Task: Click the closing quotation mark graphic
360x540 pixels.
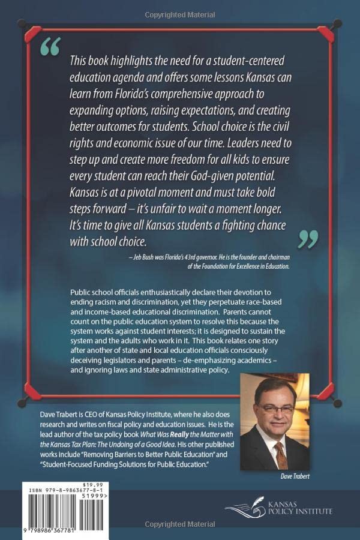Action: point(308,238)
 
